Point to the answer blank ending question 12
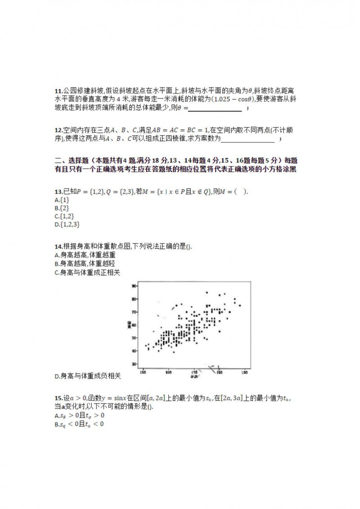(x=248, y=140)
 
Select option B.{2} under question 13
(x=62, y=208)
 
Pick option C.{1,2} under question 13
(x=64, y=216)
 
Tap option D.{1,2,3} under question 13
(x=67, y=224)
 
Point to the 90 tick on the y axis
(x=134, y=286)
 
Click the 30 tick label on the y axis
(x=134, y=364)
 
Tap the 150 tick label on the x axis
(x=143, y=373)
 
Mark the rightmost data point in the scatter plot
(x=240, y=305)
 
